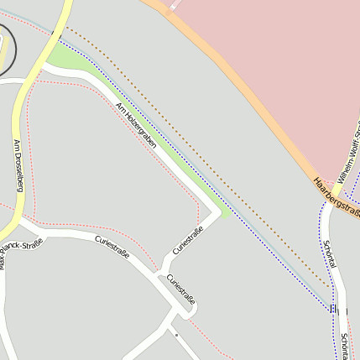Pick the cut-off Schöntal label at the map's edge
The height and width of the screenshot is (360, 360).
347,345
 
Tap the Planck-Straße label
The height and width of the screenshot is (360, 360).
23,246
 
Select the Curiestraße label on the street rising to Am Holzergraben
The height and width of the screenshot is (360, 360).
187,240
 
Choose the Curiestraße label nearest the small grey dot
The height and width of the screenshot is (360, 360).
181,289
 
